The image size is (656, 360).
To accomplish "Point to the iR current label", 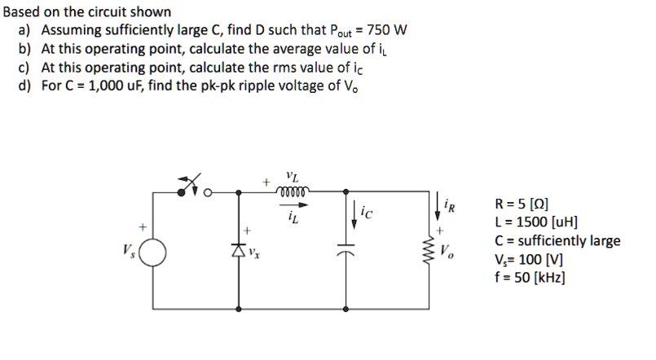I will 450,206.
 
